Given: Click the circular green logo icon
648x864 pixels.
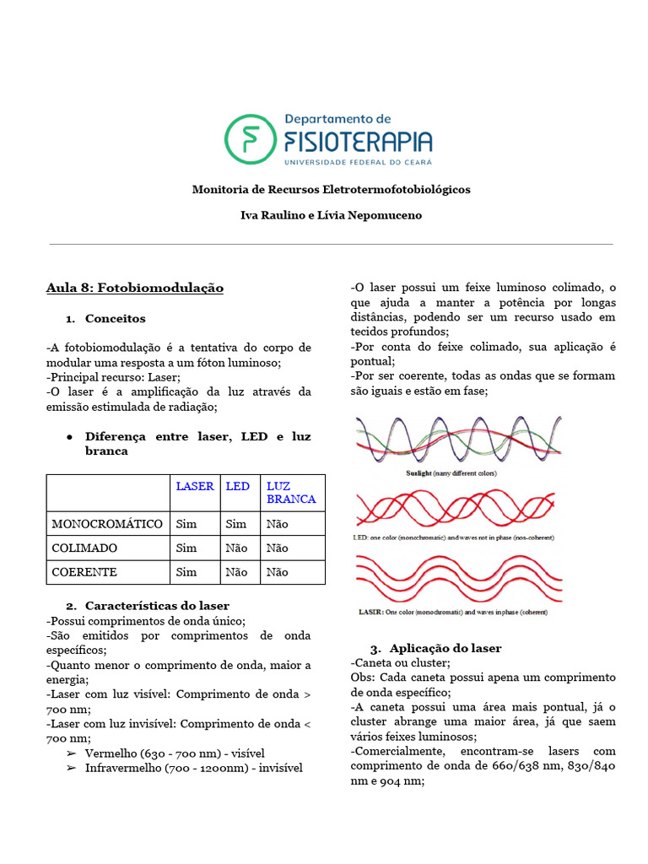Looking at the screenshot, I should click(250, 139).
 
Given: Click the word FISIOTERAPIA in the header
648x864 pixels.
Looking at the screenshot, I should click(359, 140).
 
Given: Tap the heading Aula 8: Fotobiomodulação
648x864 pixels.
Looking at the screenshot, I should click(134, 288).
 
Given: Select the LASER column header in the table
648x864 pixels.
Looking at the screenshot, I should click(194, 486).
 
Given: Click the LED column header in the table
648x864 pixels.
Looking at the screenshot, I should click(238, 486).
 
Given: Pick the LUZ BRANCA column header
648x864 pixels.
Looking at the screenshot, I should click(290, 492).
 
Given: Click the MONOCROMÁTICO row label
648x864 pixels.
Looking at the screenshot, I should click(107, 524).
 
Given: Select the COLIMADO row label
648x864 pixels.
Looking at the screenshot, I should click(85, 548).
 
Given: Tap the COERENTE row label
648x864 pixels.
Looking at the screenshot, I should click(84, 572).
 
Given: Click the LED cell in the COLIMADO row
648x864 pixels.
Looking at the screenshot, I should click(237, 548).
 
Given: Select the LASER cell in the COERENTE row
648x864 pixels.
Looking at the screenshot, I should click(186, 572).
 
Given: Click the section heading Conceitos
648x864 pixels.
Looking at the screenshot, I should click(115, 319).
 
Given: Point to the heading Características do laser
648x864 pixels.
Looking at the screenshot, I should click(157, 606).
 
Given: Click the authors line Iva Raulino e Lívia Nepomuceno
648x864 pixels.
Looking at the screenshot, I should click(331, 215).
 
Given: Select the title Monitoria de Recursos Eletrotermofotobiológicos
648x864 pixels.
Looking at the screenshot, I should click(331, 189).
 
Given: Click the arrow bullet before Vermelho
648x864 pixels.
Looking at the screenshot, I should click(71, 753).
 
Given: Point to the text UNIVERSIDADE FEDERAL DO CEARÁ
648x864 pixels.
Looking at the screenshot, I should click(359, 160).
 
